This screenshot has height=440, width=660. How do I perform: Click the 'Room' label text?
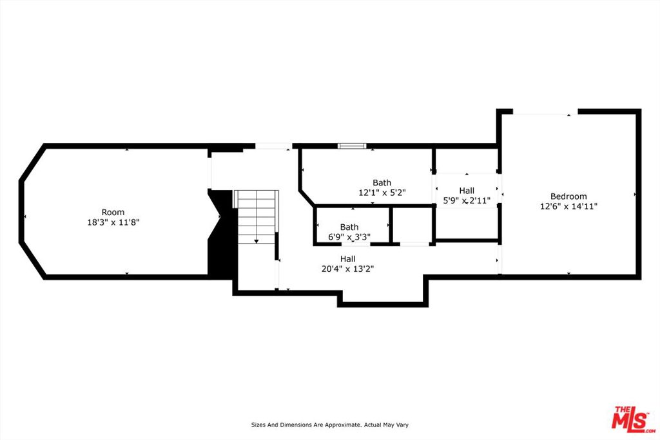click(x=113, y=212)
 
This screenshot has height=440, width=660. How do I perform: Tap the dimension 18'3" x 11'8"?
click(x=113, y=222)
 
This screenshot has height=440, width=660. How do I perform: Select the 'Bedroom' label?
click(x=568, y=196)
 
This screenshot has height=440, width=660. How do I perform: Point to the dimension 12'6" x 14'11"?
click(x=568, y=206)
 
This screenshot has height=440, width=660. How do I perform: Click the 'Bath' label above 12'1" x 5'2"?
click(x=382, y=182)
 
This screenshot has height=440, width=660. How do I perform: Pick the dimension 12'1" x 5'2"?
click(x=382, y=193)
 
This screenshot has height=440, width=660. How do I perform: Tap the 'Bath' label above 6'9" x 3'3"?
click(x=349, y=227)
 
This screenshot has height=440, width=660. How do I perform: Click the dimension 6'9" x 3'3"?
click(x=349, y=237)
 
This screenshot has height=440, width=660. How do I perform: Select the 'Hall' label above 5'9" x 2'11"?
click(x=467, y=191)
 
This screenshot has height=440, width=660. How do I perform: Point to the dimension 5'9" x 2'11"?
click(x=467, y=200)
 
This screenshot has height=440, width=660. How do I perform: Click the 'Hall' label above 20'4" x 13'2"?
click(x=347, y=259)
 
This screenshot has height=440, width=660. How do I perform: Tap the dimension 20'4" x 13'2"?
click(x=347, y=269)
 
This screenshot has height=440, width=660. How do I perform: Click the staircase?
click(x=257, y=217)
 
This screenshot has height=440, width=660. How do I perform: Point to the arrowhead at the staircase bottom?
click(x=257, y=242)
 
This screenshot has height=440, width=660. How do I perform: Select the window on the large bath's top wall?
click(x=353, y=146)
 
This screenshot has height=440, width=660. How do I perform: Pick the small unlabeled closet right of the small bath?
click(x=412, y=225)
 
